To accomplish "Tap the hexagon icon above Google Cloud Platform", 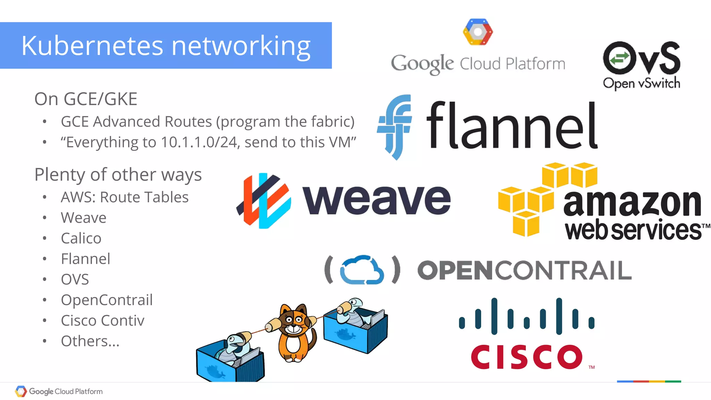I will tap(478, 32).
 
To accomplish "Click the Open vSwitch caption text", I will tap(641, 84).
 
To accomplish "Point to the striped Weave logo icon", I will tap(264, 201).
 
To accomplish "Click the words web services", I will tap(633, 230).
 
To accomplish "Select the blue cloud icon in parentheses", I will tap(362, 270).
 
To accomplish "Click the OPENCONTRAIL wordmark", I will tap(524, 271).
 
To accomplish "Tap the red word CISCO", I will tap(526, 357).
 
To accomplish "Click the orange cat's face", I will tap(294, 321).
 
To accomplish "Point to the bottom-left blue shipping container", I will tap(229, 363).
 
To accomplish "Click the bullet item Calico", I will tap(81, 238).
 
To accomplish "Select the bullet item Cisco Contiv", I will tap(102, 321).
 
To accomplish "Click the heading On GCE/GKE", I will tap(86, 99).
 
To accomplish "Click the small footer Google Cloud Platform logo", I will tap(59, 391).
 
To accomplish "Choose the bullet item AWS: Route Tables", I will tap(125, 197).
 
